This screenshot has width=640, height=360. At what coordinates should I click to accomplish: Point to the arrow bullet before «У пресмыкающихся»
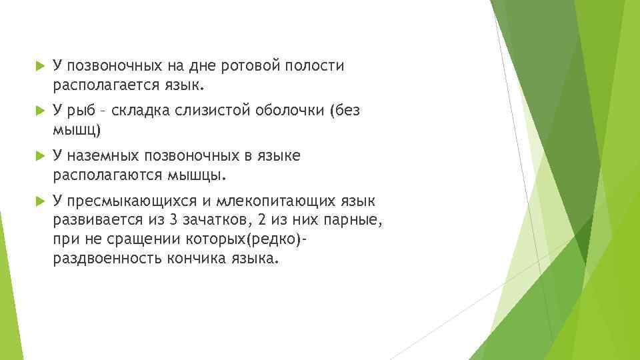[x=38, y=201]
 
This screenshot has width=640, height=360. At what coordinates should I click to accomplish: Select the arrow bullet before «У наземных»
[x=38, y=156]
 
